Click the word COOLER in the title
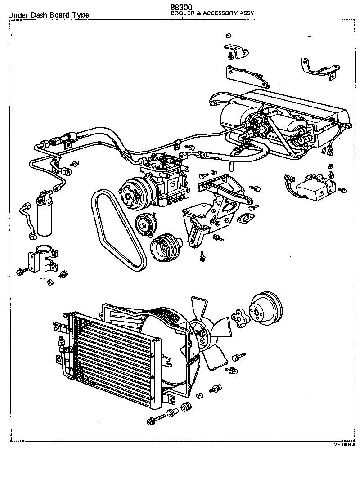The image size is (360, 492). click(x=180, y=13)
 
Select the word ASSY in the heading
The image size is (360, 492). click(x=246, y=13)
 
